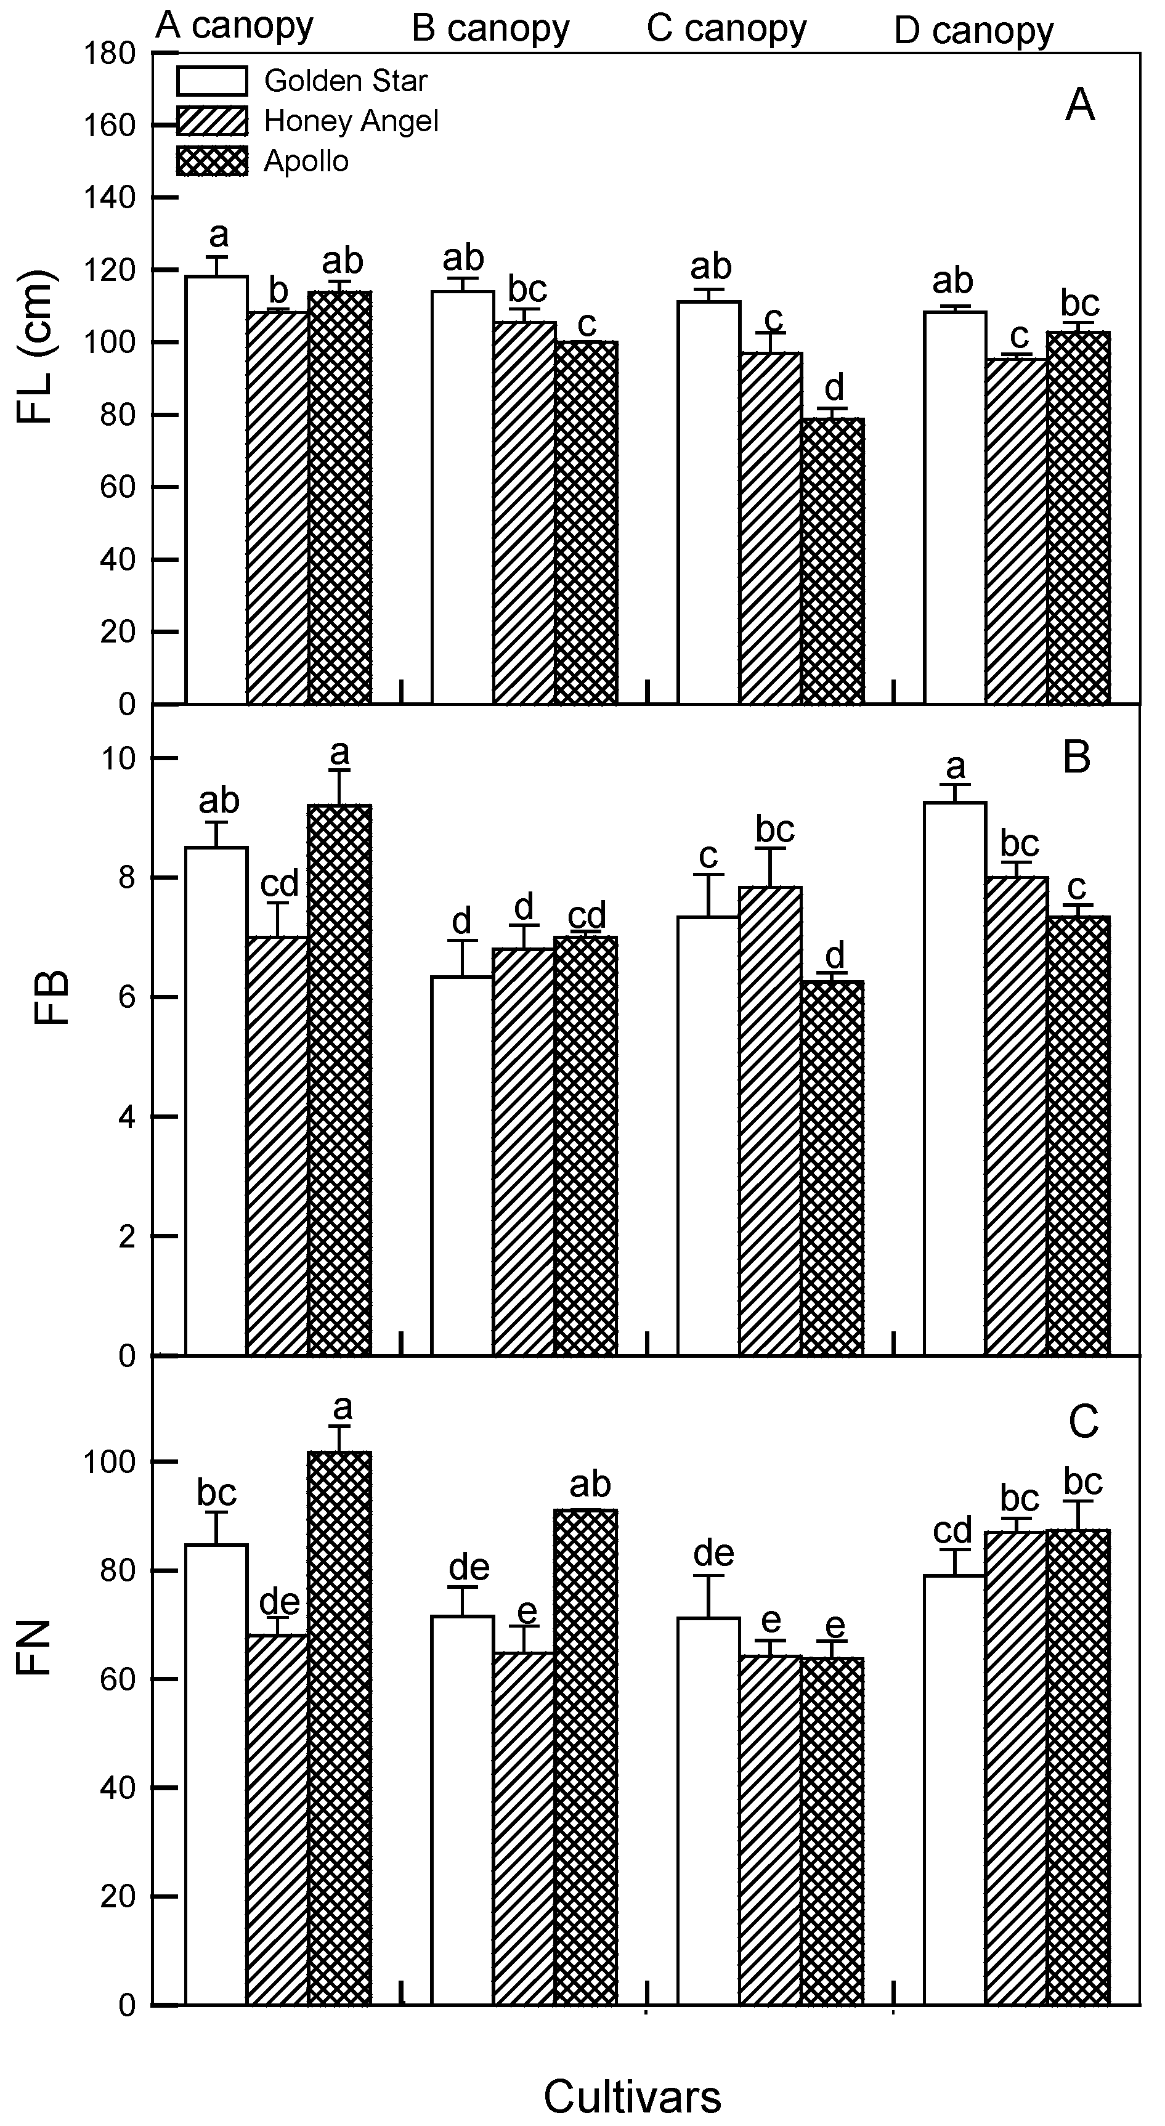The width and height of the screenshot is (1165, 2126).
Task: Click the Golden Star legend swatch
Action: tap(211, 81)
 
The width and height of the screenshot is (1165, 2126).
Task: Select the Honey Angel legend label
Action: tap(351, 121)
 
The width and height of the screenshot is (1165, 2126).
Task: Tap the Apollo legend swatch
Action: tap(211, 161)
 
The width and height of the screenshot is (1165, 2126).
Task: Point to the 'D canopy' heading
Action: tap(973, 31)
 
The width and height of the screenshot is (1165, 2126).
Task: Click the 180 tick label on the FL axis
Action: tap(110, 54)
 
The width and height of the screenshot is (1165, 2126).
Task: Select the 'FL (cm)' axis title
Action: tap(35, 347)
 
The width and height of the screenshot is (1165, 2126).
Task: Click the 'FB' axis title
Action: tap(51, 999)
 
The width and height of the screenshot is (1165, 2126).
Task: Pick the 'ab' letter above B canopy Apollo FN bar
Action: tap(590, 1485)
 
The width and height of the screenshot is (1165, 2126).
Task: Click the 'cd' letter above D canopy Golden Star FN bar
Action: tap(953, 1530)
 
